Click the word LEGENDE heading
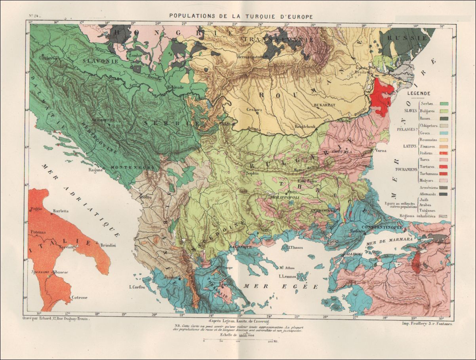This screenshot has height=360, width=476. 421,93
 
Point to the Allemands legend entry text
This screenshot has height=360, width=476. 427,194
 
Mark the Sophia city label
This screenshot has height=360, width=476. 252,173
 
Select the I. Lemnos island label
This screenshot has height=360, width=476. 288,276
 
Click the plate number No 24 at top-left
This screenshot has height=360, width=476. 35,16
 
